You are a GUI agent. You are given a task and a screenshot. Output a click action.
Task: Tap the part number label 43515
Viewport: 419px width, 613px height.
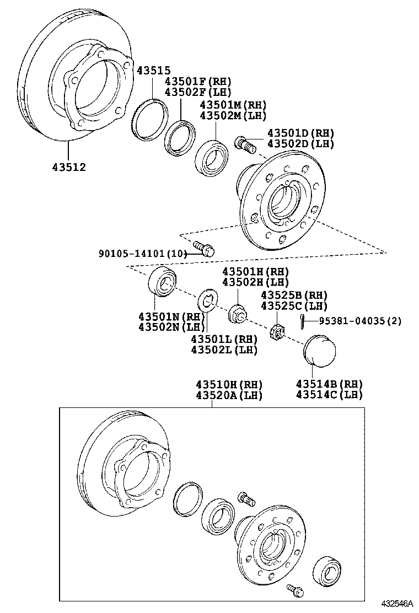click(x=154, y=71)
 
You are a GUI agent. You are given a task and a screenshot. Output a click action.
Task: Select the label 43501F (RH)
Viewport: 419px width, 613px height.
click(x=197, y=82)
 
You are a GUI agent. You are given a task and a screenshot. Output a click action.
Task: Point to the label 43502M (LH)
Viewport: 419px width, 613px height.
click(x=233, y=116)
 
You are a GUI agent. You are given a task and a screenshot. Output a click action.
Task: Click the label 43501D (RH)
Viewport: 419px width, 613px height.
click(x=300, y=133)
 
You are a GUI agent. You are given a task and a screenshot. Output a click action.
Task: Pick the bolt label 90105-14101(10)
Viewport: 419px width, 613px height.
click(x=140, y=254)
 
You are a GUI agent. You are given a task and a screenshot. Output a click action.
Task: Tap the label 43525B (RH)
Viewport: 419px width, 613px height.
click(x=294, y=295)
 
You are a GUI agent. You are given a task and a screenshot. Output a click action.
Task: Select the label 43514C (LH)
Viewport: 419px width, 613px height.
click(x=329, y=395)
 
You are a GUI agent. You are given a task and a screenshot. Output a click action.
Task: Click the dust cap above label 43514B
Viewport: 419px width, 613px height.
click(x=321, y=349)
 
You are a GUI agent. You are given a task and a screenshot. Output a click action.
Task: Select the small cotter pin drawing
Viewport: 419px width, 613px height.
click(x=302, y=319)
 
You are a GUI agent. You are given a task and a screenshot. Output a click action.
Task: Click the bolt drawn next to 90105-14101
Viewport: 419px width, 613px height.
click(x=204, y=249)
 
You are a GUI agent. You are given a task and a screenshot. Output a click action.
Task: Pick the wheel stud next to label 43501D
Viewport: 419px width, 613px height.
click(x=245, y=145)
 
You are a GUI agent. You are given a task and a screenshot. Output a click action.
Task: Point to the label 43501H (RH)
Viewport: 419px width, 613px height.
click(x=255, y=271)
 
